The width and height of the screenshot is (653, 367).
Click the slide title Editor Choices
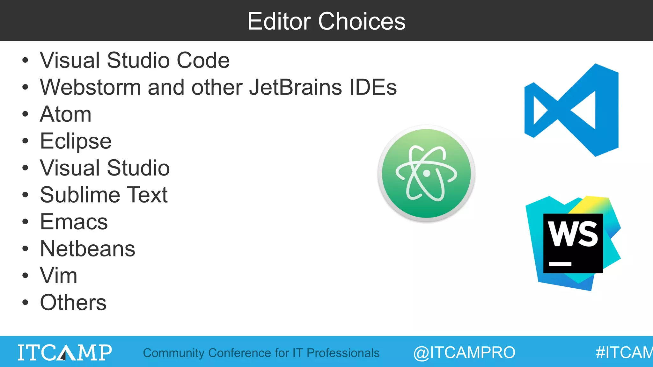(x=326, y=21)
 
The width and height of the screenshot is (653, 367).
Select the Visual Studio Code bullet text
(x=135, y=60)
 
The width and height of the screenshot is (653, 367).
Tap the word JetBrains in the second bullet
(x=295, y=87)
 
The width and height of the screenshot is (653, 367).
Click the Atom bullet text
(x=66, y=114)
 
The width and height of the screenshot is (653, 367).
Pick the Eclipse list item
(x=76, y=141)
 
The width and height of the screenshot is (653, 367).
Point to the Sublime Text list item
(x=104, y=195)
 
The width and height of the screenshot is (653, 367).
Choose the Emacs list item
(x=74, y=222)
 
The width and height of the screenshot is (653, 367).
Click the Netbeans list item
(x=88, y=248)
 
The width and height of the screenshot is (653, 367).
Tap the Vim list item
(x=59, y=276)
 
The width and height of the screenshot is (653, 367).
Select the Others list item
(x=73, y=302)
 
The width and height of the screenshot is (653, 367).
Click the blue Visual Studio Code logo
(x=571, y=110)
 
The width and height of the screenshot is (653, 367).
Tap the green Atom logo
(x=426, y=173)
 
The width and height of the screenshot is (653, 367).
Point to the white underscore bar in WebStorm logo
(x=560, y=264)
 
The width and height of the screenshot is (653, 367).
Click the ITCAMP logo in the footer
(x=65, y=352)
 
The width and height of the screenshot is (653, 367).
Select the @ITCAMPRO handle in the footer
(x=464, y=352)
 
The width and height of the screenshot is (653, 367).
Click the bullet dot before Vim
(x=25, y=276)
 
